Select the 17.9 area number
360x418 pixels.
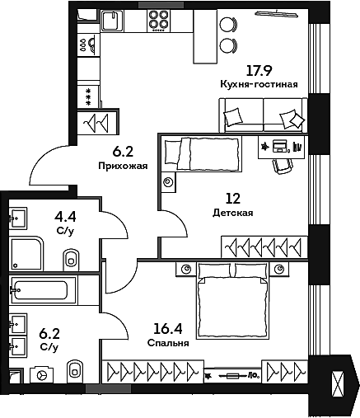coord(260,71)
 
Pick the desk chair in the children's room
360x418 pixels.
coord(282,166)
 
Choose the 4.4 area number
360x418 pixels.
coord(64,218)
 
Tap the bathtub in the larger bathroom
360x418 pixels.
coord(42,291)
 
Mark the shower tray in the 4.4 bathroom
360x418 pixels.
coord(27,251)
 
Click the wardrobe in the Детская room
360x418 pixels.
coord(264,246)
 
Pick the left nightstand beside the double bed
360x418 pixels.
coord(184,269)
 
